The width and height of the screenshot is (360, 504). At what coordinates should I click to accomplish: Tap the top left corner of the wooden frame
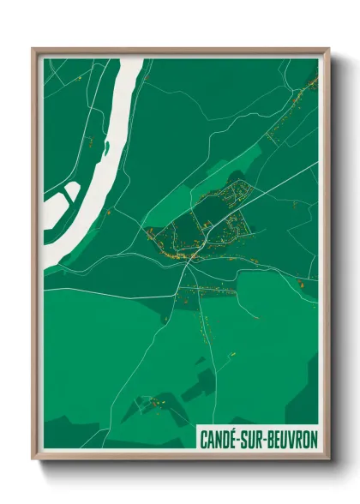[33, 50]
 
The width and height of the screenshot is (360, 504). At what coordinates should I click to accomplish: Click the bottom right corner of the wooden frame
[328, 460]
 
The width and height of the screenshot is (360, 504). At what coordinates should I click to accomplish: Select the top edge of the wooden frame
[180, 50]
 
